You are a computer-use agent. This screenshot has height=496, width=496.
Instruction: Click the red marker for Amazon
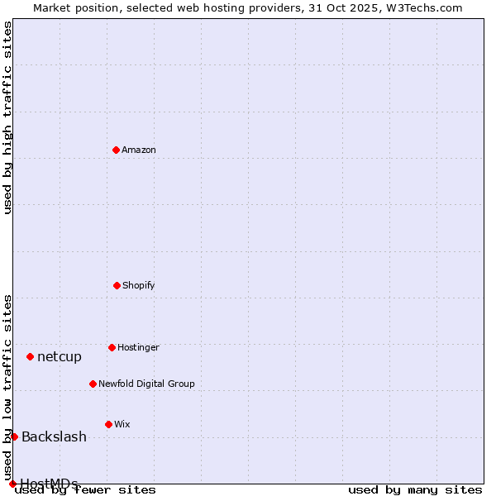tap(116, 150)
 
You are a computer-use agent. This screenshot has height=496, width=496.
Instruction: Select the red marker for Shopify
tap(117, 285)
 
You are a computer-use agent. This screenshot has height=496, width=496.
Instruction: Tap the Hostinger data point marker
tap(112, 347)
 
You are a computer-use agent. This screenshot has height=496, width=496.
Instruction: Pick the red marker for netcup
tap(30, 356)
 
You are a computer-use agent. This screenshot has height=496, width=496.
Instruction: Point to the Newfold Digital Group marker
tap(93, 384)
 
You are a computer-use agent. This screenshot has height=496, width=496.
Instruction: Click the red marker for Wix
tap(108, 424)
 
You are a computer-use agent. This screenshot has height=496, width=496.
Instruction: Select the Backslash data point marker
tap(14, 436)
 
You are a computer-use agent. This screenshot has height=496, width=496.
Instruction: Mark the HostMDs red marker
tap(12, 484)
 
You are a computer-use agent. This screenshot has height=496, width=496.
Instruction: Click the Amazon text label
tap(139, 150)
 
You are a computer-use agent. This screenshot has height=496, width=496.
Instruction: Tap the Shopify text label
tap(139, 285)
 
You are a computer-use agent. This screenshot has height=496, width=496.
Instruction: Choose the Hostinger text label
tap(138, 347)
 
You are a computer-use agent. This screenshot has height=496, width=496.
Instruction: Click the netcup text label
tap(60, 356)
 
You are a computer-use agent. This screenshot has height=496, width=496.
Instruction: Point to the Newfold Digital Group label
tap(146, 384)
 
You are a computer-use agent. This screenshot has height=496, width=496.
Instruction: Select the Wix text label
tap(122, 424)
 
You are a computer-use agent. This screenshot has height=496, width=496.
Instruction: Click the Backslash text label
tap(54, 436)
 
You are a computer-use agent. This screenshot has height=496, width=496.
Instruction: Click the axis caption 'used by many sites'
tap(415, 489)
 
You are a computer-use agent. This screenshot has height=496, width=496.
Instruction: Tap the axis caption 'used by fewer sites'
tap(86, 489)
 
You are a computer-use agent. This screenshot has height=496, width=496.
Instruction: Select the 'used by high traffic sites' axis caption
tap(7, 117)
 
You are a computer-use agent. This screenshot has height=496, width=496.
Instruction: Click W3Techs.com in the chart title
tap(424, 7)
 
